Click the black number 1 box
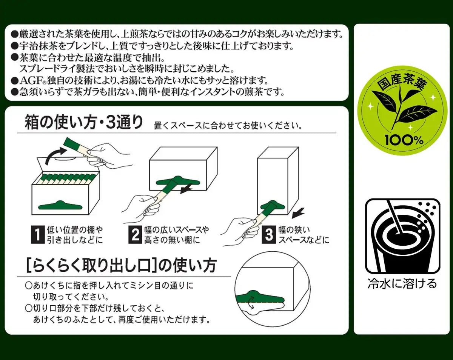37,234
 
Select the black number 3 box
269,234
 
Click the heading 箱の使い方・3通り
84,123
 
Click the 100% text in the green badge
399,140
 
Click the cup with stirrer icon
402,236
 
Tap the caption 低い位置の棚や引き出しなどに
74,235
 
